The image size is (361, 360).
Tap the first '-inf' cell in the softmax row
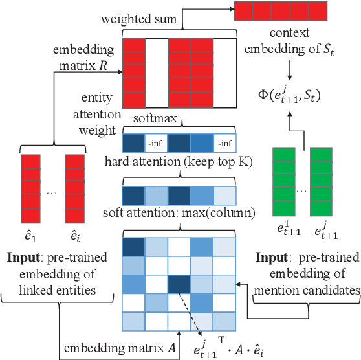(155, 142)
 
